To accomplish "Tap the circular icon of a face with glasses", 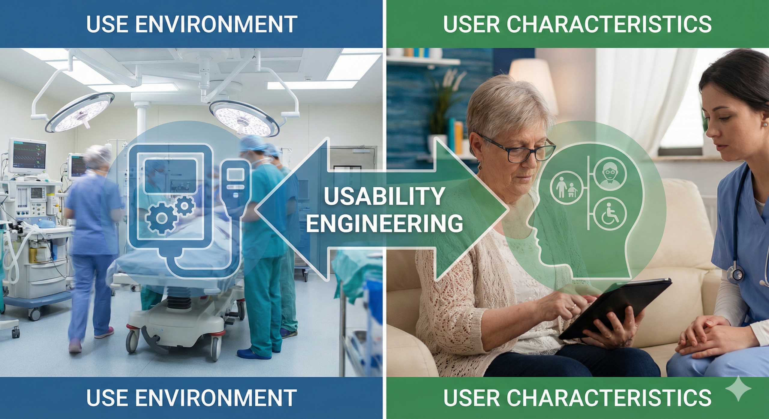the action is click(x=609, y=173).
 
